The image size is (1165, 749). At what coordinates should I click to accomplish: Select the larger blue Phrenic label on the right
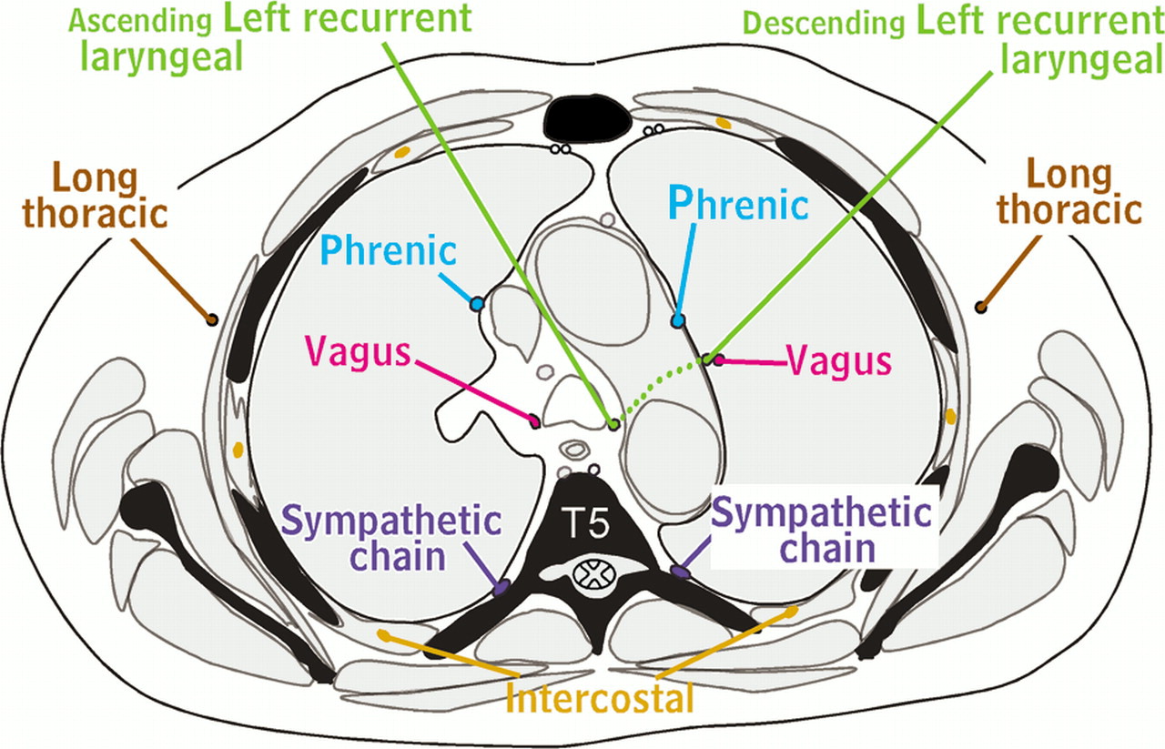click(738, 204)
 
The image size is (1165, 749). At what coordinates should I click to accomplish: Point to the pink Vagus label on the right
click(838, 361)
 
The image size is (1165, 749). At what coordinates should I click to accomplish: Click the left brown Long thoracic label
click(96, 196)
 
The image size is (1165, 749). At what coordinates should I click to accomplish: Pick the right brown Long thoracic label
click(1069, 192)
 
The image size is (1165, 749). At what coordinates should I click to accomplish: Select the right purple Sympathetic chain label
click(823, 530)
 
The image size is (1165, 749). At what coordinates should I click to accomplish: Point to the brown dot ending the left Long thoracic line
click(212, 319)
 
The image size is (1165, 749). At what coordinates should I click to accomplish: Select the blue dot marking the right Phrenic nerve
click(678, 321)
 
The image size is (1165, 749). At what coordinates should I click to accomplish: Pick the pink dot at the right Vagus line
click(719, 360)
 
